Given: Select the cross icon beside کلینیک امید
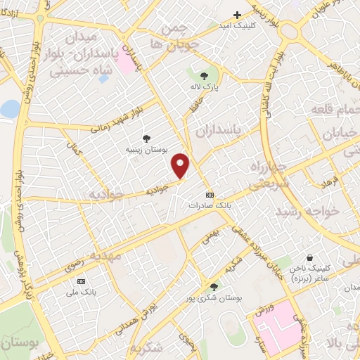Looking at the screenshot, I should pos(238,15).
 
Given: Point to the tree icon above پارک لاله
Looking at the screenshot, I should pos(204,75).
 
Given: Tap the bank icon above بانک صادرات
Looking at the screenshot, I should pos(209,194).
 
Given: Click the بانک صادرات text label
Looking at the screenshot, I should pos(209,205).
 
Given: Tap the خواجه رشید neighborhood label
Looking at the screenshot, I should pos(307,211).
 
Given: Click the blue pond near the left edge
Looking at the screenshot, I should pos(10,108).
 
